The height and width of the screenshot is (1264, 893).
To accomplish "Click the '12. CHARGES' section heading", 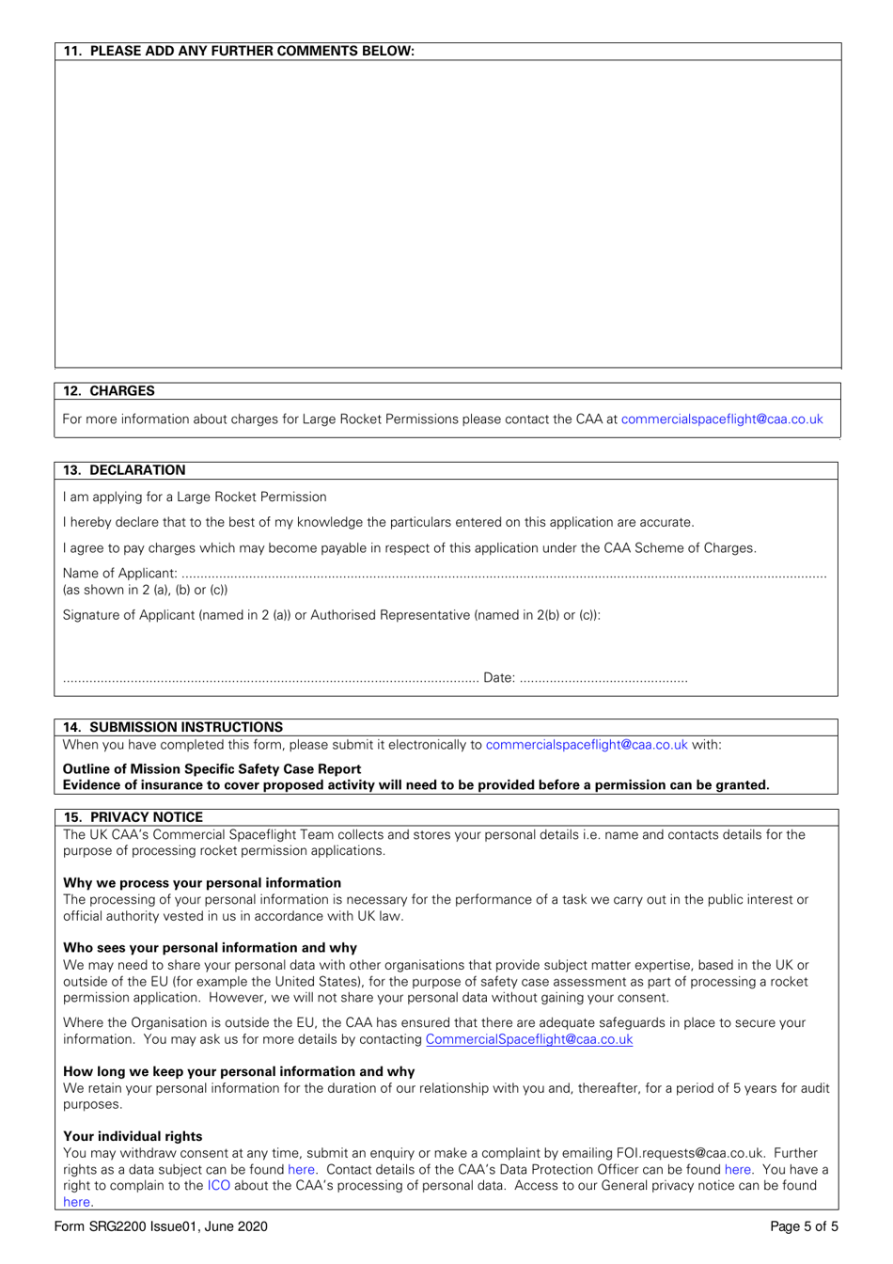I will pyautogui.click(x=109, y=390).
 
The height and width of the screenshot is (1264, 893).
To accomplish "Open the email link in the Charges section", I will pyautogui.click(x=721, y=419).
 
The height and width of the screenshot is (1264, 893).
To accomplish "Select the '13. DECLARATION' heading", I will pyautogui.click(x=124, y=470).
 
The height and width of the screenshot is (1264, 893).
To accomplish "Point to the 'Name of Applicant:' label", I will pyautogui.click(x=119, y=573).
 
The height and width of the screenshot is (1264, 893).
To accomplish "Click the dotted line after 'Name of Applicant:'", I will pyautogui.click(x=503, y=575).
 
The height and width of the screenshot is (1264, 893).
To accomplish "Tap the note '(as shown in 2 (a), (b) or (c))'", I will pyautogui.click(x=145, y=590).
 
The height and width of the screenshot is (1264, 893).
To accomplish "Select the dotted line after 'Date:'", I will pyautogui.click(x=603, y=679).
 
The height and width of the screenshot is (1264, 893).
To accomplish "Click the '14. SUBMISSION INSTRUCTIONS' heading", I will pyautogui.click(x=173, y=727).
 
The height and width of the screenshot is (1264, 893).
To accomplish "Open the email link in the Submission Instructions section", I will pyautogui.click(x=587, y=745).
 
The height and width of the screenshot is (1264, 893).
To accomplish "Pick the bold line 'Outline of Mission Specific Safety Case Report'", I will pyautogui.click(x=211, y=768).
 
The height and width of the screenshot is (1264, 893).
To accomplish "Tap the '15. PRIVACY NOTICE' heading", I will pyautogui.click(x=133, y=817).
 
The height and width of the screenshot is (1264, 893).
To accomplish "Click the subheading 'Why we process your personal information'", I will pyautogui.click(x=202, y=882).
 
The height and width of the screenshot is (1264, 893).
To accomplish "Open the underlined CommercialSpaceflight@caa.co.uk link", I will pyautogui.click(x=529, y=1039).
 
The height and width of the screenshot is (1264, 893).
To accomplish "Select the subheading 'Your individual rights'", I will pyautogui.click(x=133, y=1136).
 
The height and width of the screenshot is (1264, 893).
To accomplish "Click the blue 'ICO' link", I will pyautogui.click(x=219, y=1185).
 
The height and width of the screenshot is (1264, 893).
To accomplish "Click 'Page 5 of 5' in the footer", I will pyautogui.click(x=804, y=1226).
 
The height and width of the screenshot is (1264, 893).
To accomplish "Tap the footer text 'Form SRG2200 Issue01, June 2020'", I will pyautogui.click(x=161, y=1226).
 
